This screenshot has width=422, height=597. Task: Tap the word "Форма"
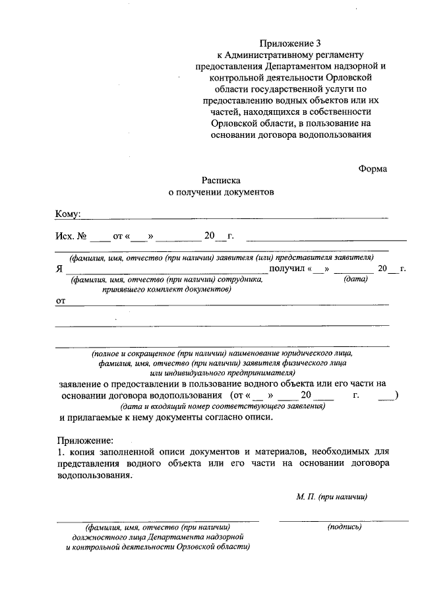[373, 168]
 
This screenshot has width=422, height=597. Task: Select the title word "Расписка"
[222, 179]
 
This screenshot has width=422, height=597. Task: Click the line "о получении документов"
[220, 192]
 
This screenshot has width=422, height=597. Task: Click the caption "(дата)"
[355, 279]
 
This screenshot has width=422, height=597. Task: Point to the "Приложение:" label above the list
[85, 440]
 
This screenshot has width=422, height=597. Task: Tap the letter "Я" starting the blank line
[59, 269]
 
